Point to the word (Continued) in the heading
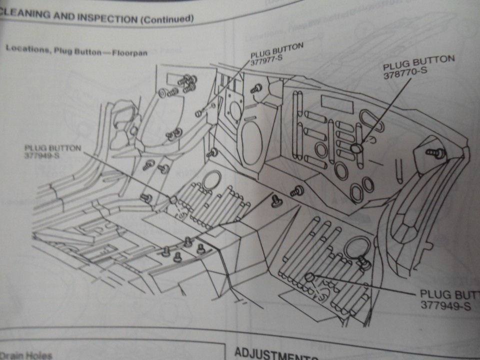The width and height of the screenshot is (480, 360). click(167, 19)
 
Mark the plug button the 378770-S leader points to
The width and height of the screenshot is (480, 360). click(356, 148)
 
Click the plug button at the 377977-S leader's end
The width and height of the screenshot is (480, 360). click(198, 113)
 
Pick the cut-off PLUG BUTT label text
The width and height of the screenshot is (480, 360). click(449, 294)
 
